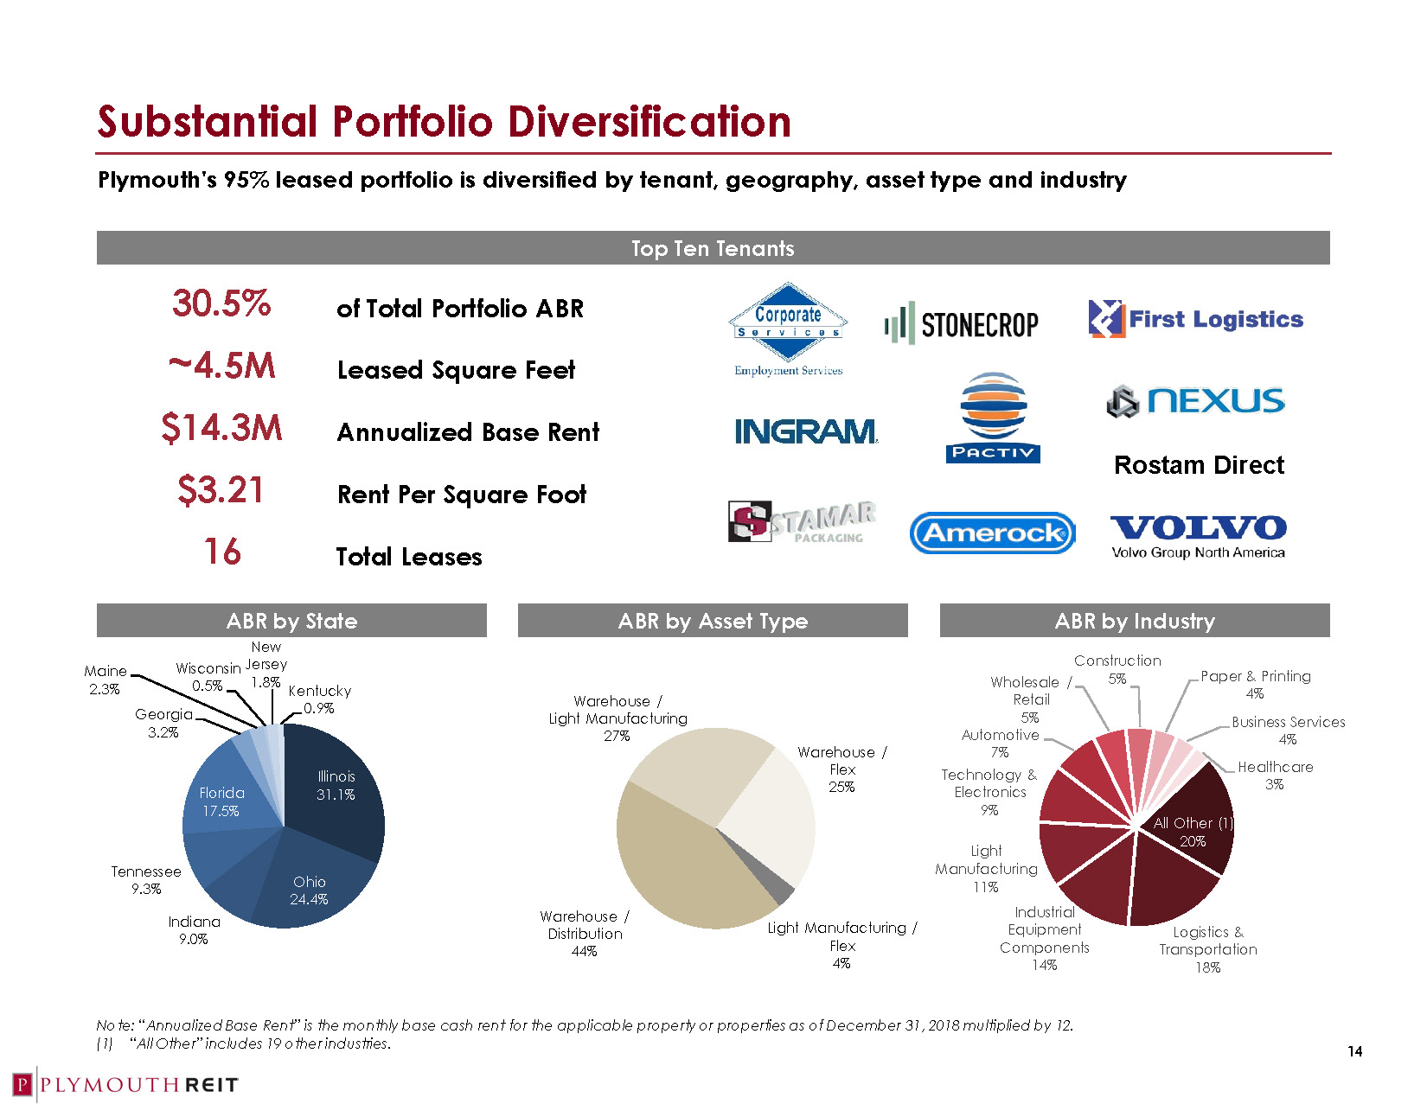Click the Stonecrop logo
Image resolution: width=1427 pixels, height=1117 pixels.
[962, 323]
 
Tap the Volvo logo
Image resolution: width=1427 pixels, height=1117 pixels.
[1198, 535]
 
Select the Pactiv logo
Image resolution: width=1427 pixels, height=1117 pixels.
[993, 418]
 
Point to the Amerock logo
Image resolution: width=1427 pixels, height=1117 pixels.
[992, 533]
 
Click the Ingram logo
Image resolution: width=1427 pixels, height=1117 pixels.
[805, 431]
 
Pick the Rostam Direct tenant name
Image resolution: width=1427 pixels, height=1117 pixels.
[1199, 465]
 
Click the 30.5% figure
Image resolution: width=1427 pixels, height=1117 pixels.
[221, 303]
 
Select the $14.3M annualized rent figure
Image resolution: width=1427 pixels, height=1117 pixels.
[221, 428]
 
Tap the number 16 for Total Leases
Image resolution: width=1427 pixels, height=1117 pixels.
[222, 552]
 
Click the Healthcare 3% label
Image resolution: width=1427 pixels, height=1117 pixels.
[1275, 775]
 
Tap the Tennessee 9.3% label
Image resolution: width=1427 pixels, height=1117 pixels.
[146, 879]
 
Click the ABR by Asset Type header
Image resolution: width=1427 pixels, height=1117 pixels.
[713, 621]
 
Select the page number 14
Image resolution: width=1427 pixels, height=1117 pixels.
[1354, 1051]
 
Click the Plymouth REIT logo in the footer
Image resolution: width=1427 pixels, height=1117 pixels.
[125, 1085]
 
